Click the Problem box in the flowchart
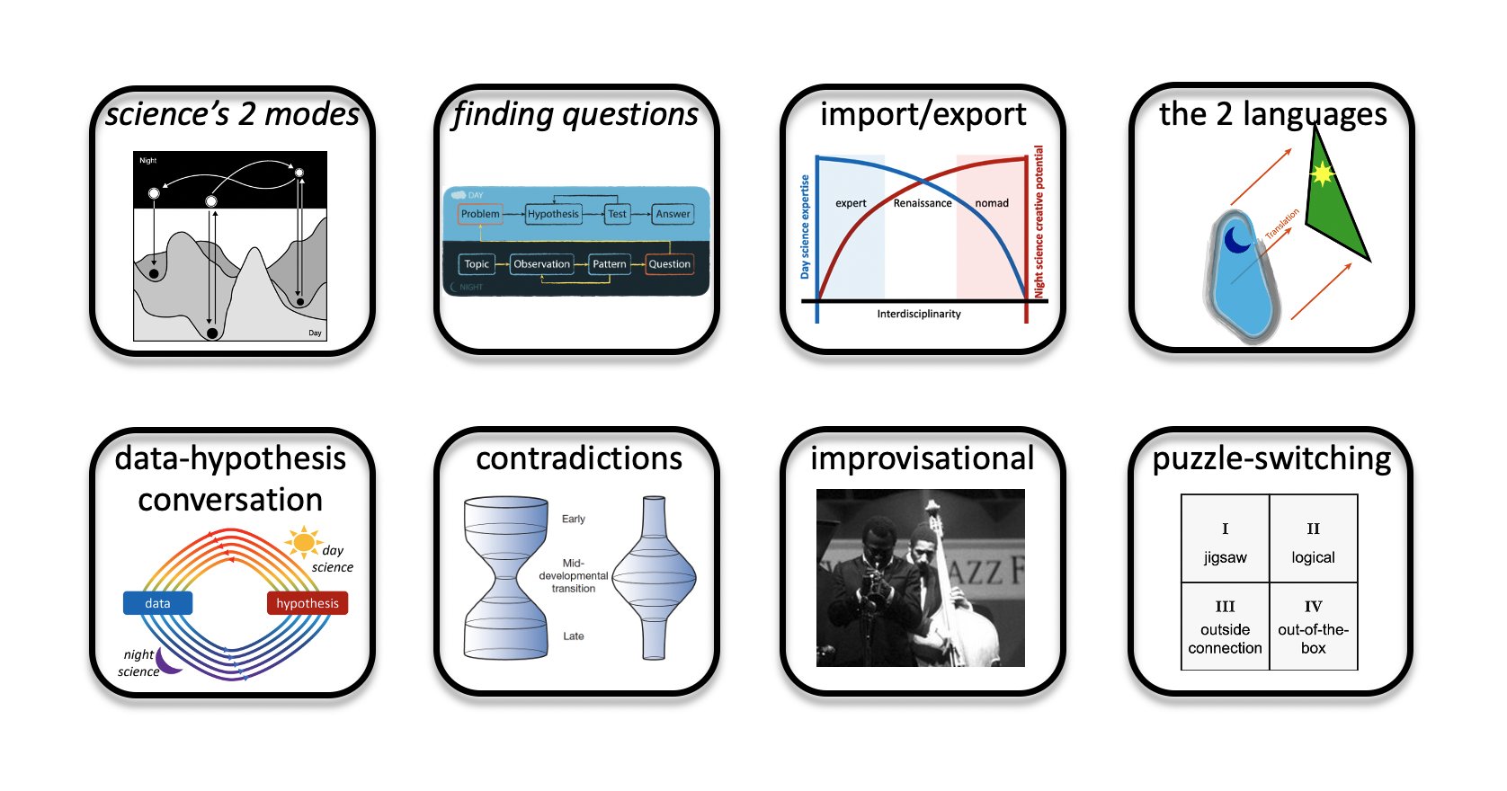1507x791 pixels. pos(480,214)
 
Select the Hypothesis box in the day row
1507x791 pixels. pos(553,214)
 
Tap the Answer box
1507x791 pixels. pos(673,214)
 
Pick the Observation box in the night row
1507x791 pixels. pos(541,263)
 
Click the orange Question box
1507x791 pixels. pos(669,263)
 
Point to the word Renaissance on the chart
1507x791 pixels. pos(923,203)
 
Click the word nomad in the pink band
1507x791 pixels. pos(992,203)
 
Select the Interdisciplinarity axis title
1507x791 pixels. pos(919,314)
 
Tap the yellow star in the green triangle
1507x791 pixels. pos(1323,174)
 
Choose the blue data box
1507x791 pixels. pos(158,603)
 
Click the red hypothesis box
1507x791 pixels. pos(308,603)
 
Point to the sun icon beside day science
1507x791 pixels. pos(303,541)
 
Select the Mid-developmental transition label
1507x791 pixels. pos(573,576)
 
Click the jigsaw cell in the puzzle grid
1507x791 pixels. pos(1225,538)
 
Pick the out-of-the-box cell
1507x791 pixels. pos(1314,627)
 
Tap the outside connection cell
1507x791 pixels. pos(1225,627)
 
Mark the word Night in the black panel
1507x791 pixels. pos(148,160)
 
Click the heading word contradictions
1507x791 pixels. pos(578,458)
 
